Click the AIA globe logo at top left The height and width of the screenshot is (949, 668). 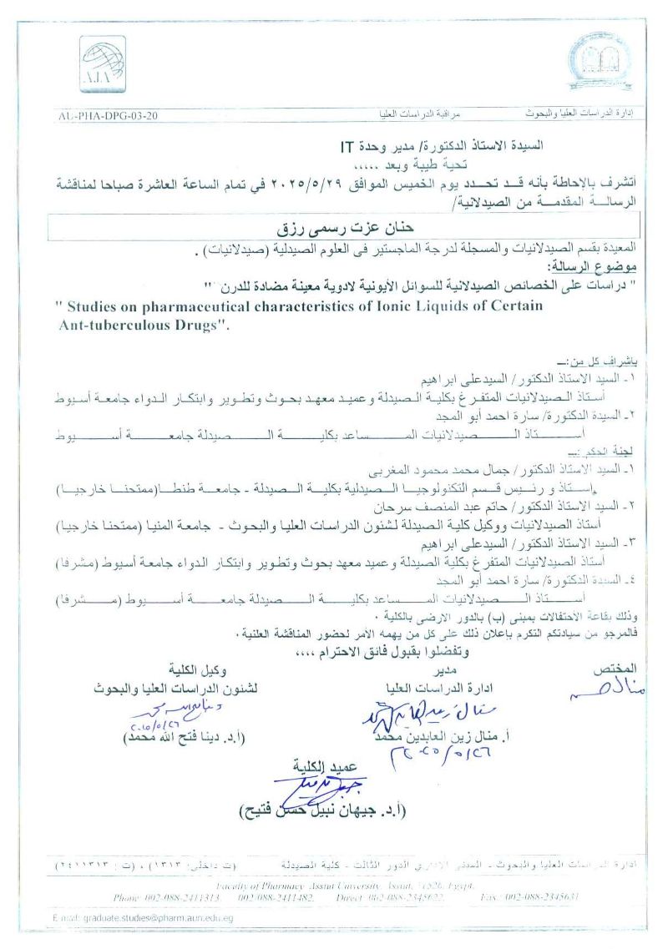tap(102, 63)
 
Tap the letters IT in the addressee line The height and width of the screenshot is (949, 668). tap(348, 144)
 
